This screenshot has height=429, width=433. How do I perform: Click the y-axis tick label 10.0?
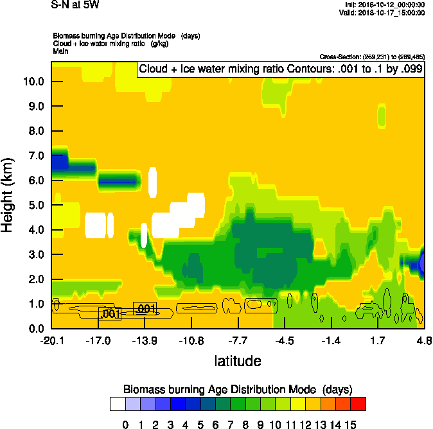[33, 82]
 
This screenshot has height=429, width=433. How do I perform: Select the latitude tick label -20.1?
[51, 339]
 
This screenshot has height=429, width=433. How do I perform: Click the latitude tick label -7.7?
[238, 339]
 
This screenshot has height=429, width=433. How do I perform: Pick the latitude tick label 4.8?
[423, 339]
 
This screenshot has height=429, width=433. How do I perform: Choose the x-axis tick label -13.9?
[145, 339]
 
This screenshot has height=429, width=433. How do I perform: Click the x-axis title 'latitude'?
[238, 361]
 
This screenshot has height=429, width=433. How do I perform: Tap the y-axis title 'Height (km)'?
[9, 195]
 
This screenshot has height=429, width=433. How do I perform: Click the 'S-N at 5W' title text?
[75, 5]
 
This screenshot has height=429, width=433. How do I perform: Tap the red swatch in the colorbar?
[358, 403]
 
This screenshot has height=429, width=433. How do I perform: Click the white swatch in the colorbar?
[118, 403]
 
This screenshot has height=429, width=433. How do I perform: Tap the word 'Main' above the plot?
[60, 51]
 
